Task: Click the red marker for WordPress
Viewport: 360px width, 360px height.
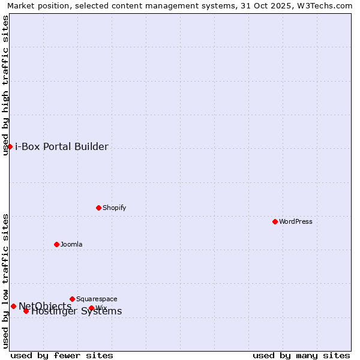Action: pos(275,221)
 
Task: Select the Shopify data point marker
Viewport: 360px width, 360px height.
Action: pos(98,208)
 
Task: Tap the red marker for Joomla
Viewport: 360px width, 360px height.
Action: pos(56,244)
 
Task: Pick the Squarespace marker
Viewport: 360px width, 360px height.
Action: pos(72,299)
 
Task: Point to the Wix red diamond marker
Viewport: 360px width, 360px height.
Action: pos(91,308)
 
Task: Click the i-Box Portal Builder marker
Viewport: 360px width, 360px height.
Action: pos(10,146)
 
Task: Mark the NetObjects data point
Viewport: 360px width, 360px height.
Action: pos(13,306)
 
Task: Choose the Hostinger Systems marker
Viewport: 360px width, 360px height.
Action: pos(26,311)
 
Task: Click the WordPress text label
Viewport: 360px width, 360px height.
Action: pos(296,221)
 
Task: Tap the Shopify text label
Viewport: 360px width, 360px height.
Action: pos(114,208)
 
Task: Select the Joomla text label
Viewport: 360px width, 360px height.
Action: pos(71,244)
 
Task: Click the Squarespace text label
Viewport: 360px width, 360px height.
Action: pos(97,299)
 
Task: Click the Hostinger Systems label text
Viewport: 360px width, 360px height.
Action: pos(77,311)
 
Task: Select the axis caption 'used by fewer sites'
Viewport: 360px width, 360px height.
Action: pos(62,355)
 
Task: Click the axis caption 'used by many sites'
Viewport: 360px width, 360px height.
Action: pos(301,355)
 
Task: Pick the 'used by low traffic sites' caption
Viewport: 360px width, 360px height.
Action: pos(6,281)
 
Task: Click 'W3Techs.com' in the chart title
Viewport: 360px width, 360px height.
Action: pos(326,5)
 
